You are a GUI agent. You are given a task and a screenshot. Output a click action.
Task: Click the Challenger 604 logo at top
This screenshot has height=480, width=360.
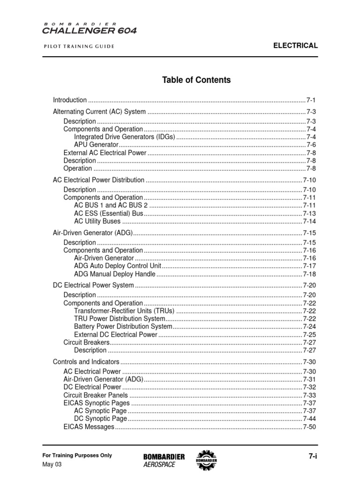pyautogui.click(x=90, y=29)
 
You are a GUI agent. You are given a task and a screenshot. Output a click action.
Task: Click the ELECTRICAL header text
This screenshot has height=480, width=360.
pyautogui.click(x=296, y=45)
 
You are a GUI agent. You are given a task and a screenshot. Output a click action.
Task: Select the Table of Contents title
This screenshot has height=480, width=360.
pyautogui.click(x=196, y=80)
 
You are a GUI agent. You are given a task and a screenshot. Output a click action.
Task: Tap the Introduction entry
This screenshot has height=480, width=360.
pyautogui.click(x=70, y=100)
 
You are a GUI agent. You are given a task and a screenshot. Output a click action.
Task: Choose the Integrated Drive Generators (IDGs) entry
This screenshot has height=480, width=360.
pyautogui.click(x=124, y=137)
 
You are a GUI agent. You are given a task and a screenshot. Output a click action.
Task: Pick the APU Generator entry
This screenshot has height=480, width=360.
pyautogui.click(x=96, y=145)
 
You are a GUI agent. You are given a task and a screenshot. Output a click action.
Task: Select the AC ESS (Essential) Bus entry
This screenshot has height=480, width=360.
pyautogui.click(x=109, y=213)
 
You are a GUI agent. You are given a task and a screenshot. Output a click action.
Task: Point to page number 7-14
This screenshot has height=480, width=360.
pyautogui.click(x=310, y=221)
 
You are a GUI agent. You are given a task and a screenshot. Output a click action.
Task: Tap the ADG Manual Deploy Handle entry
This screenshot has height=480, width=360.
pyautogui.click(x=114, y=274)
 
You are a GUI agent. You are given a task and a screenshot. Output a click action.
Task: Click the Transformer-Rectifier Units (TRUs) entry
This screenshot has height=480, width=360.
pyautogui.click(x=124, y=311)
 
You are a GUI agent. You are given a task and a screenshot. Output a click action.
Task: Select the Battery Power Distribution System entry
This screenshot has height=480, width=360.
pyautogui.click(x=123, y=326)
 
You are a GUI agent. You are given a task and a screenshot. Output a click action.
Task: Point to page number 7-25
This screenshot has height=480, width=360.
pyautogui.click(x=310, y=335)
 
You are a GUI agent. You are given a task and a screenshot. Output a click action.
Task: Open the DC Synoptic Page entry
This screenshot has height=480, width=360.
pyautogui.click(x=100, y=419)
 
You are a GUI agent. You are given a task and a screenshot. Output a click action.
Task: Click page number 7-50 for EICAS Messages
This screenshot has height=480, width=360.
pyautogui.click(x=310, y=427)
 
